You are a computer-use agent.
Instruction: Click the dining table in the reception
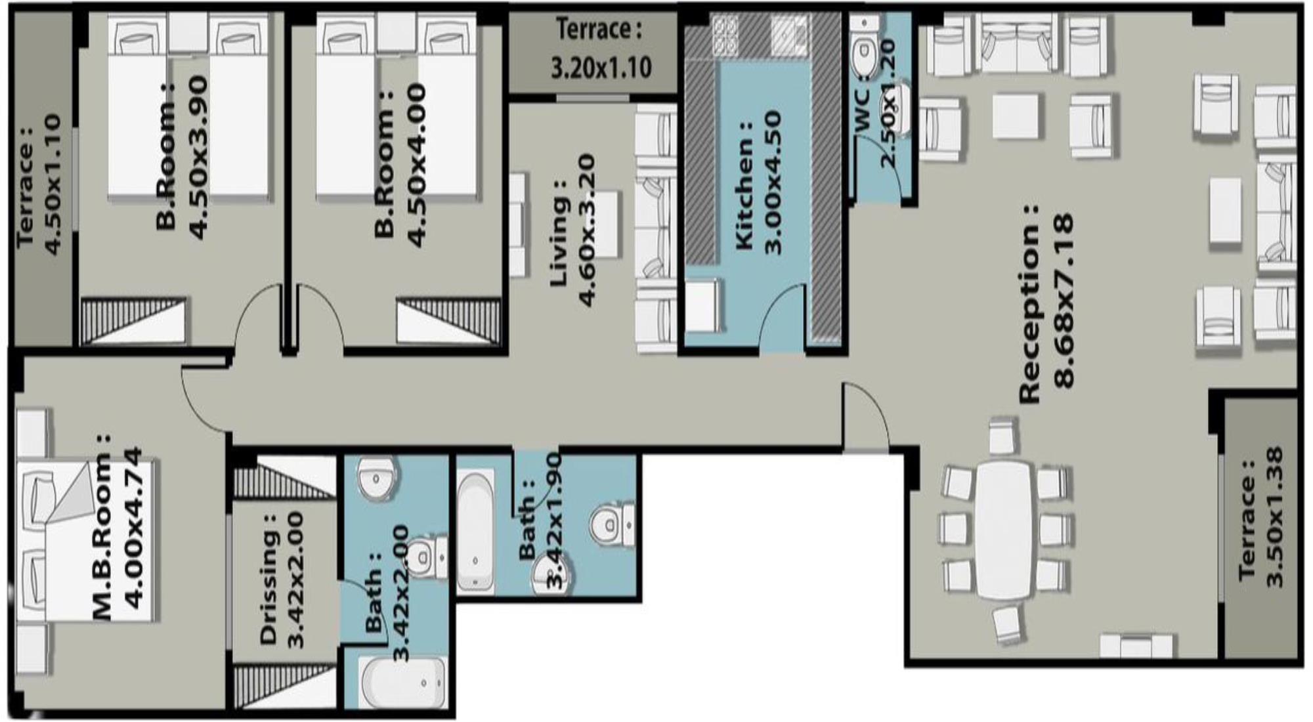(x=1004, y=529)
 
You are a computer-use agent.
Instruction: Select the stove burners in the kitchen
(x=725, y=35)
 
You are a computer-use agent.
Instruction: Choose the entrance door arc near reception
(x=867, y=417)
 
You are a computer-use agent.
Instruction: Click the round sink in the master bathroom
(x=376, y=478)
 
